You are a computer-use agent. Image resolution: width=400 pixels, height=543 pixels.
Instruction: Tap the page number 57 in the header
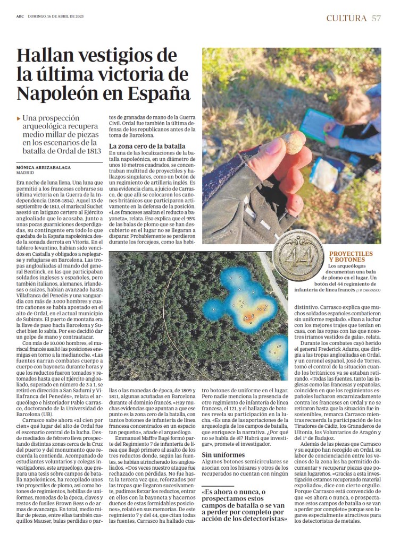click(x=377, y=18)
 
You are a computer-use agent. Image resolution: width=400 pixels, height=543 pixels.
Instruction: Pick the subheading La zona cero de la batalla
click(x=147, y=146)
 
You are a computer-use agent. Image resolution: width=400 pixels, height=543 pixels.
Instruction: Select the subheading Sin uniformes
click(x=223, y=455)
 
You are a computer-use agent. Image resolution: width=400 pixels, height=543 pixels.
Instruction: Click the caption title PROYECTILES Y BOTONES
click(x=351, y=257)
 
